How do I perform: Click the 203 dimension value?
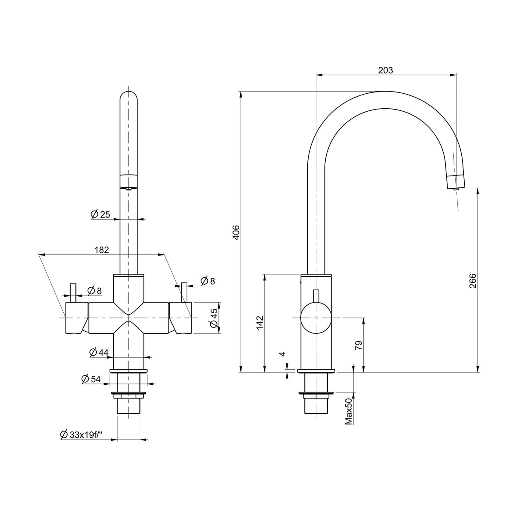pyautogui.click(x=385, y=71)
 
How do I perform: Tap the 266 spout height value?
pyautogui.click(x=472, y=281)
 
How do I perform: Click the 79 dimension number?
pyautogui.click(x=359, y=345)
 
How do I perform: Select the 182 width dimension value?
pyautogui.click(x=102, y=250)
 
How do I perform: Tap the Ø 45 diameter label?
pyautogui.click(x=214, y=318)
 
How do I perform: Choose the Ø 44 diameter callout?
pyautogui.click(x=99, y=352)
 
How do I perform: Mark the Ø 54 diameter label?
pyautogui.click(x=91, y=379)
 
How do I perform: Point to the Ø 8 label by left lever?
pyautogui.click(x=94, y=291)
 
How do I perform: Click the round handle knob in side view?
pyautogui.click(x=316, y=318)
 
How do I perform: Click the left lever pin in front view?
pyautogui.click(x=73, y=293)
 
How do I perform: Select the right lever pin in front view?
pyautogui.click(x=184, y=292)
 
